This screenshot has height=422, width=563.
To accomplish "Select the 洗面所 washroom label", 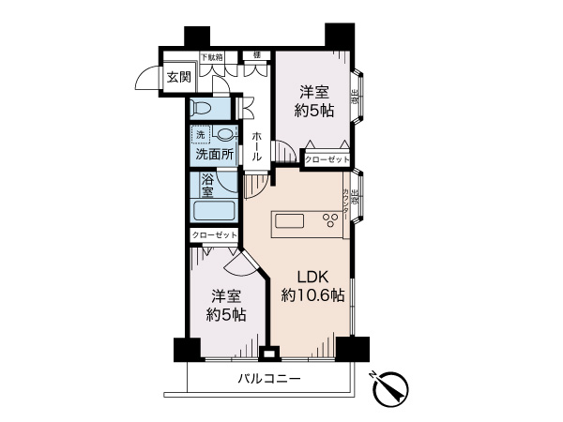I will click(214, 154).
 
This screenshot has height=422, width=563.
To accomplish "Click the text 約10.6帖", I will click(312, 295).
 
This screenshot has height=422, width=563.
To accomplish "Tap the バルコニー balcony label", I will click(268, 379).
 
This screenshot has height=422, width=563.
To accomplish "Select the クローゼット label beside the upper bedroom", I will click(326, 160).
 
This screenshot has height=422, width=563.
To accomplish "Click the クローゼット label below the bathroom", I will click(215, 234).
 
